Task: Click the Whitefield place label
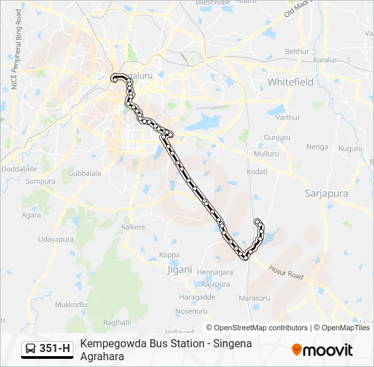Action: [290, 82]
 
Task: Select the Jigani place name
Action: [180, 269]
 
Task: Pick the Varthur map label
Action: [288, 117]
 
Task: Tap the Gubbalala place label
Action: [85, 173]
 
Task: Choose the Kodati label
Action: [257, 172]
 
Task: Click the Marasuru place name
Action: [255, 298]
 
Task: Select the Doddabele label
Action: [18, 169]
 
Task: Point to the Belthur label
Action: [296, 51]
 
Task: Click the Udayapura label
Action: [56, 239]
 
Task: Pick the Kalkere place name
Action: [133, 226]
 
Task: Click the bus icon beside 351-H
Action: [31, 349]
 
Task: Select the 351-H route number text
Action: [54, 349]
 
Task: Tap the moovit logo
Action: [322, 350]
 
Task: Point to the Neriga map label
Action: [317, 147]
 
